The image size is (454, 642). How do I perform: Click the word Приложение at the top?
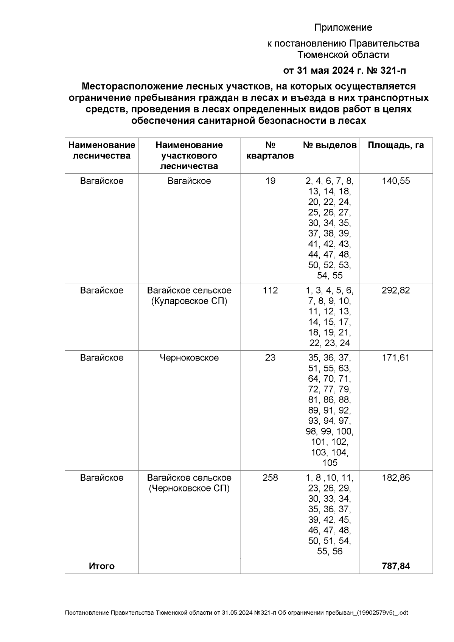[x=343, y=28]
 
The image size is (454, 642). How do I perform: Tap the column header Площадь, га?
[x=396, y=145]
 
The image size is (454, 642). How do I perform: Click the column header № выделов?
[x=330, y=145]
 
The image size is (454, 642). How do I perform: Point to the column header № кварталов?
[x=270, y=151]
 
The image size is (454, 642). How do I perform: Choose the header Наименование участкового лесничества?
[x=189, y=155]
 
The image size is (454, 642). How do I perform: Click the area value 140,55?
[x=396, y=181]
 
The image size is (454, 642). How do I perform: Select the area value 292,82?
[x=396, y=291]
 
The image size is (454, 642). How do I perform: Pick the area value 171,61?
[x=396, y=358]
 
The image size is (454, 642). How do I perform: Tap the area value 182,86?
[x=396, y=478]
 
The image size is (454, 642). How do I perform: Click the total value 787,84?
[x=396, y=566]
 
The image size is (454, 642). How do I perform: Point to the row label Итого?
[x=101, y=566]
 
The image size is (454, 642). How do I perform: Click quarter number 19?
[x=270, y=181]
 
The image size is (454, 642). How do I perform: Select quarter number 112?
[x=270, y=291]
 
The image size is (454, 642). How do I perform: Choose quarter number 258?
[x=270, y=478]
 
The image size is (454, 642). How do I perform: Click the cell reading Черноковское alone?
[x=189, y=358]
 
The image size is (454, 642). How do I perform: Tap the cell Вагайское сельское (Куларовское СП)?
[x=189, y=296]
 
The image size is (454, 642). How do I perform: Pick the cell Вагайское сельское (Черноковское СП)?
[x=189, y=483]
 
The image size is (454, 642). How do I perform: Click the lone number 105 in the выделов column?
[x=330, y=463]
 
